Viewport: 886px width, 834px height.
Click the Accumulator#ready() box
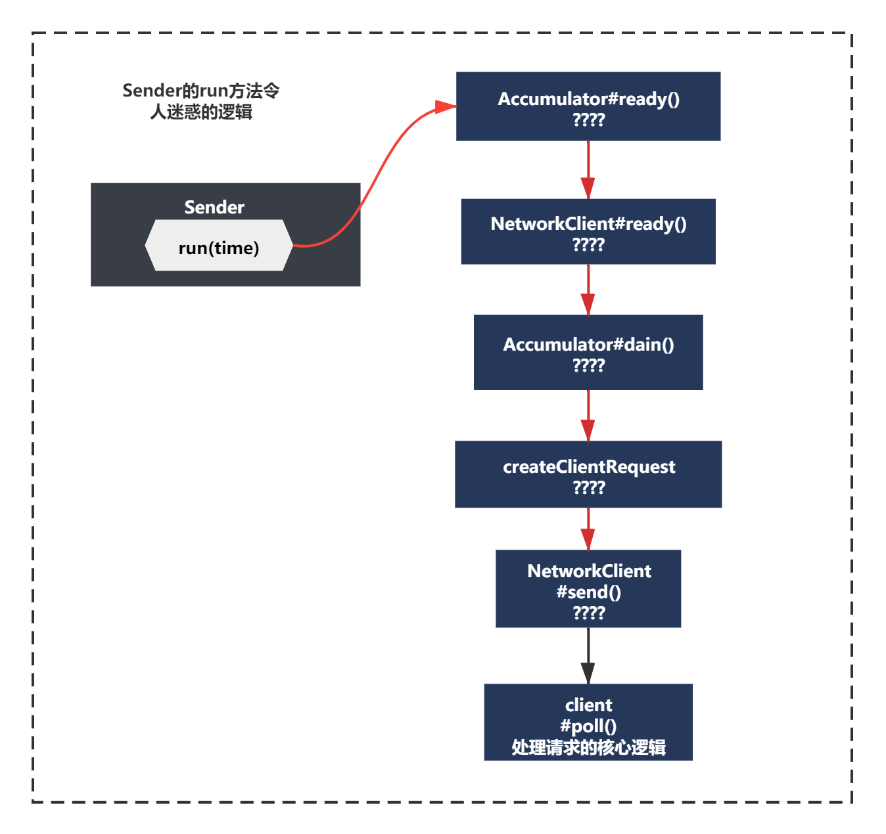588,106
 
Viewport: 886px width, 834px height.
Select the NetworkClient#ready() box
588,232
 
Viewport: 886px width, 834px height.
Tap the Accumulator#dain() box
588,353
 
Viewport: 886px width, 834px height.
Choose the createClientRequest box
588,474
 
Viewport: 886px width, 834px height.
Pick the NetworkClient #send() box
588,589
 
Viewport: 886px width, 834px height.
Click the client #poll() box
588,722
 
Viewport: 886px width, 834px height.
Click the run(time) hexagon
219,245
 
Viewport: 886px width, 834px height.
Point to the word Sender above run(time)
214,208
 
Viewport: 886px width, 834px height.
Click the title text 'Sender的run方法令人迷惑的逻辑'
201,101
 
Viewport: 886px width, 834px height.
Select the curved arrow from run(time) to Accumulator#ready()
374,179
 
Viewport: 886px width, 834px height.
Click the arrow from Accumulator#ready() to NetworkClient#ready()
588,170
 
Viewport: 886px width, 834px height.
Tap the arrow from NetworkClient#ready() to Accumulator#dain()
588,290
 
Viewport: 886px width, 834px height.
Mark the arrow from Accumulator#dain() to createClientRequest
588,416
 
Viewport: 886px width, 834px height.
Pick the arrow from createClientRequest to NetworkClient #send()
588,529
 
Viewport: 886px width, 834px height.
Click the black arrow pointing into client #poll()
588,655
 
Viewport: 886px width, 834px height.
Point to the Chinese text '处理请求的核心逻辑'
588,747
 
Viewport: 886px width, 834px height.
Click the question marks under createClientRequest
589,487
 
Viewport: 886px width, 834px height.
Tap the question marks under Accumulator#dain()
589,366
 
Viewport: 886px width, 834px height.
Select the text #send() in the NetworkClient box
589,592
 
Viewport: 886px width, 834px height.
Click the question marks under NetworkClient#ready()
588,245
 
